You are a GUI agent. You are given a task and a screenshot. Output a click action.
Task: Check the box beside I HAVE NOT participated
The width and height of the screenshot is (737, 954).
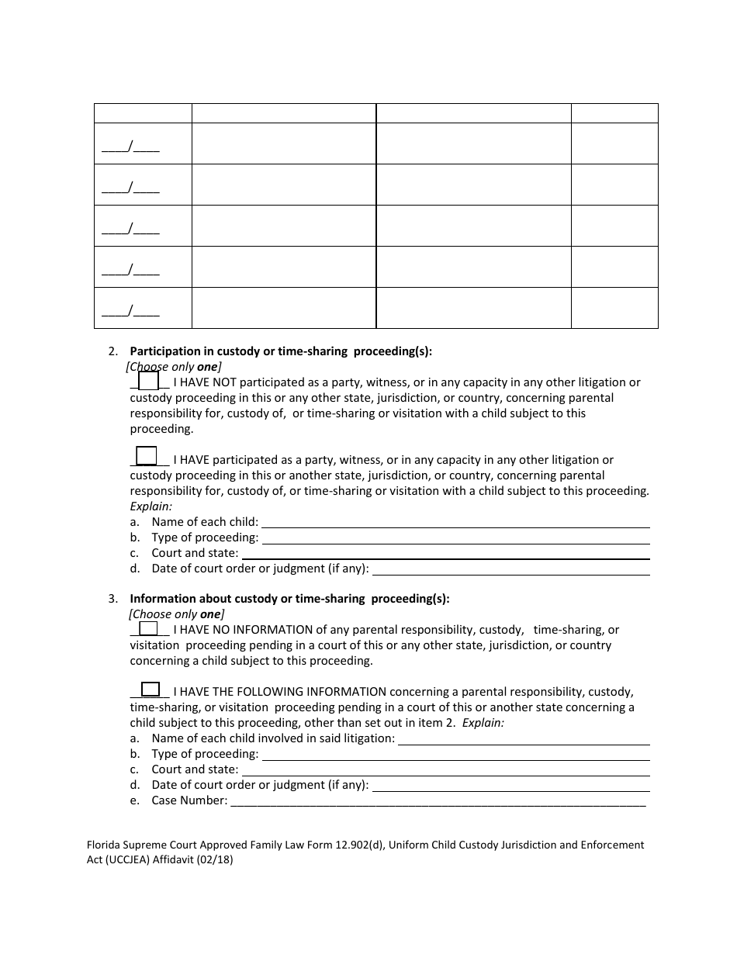coord(148,381)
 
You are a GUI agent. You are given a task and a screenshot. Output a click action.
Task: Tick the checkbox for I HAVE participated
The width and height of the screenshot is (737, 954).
coord(147,456)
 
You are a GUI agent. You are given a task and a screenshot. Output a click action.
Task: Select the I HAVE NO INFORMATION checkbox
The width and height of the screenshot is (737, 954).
coord(148,628)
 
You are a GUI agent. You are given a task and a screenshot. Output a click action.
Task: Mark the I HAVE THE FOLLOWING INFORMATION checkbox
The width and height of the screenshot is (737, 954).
coord(151,689)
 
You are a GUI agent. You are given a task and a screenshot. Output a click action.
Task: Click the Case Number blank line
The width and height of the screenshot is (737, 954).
coord(438,800)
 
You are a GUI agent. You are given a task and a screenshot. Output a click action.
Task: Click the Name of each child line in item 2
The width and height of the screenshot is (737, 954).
coord(455,522)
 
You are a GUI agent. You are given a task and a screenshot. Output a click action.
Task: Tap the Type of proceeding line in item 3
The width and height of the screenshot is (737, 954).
coord(455,754)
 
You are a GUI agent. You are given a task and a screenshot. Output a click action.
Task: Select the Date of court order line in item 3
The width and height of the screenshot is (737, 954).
coord(510,785)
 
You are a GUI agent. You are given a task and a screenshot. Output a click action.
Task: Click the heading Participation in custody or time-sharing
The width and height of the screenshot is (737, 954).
coord(281,351)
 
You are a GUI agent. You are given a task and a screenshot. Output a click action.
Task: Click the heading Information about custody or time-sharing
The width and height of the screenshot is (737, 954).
coord(289,599)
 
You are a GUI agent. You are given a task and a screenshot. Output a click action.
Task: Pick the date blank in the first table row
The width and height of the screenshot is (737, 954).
coord(131,145)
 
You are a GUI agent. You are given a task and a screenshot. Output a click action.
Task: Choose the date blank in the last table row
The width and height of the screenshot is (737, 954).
coord(131,310)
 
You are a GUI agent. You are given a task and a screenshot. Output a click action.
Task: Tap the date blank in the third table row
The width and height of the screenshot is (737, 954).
coord(131,228)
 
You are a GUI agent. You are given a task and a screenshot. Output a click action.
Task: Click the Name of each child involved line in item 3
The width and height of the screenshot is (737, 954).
coord(524,738)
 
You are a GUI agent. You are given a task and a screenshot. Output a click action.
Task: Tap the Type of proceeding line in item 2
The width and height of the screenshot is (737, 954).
coord(455,537)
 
